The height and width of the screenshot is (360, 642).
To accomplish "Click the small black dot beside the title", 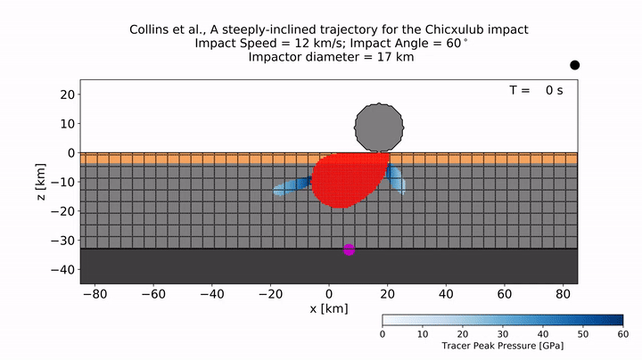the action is click(575, 65).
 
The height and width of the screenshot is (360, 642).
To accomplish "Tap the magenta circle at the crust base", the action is click(349, 250).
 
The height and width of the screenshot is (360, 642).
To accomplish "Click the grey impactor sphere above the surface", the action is click(379, 127).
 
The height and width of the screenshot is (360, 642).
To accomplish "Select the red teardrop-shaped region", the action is click(348, 180).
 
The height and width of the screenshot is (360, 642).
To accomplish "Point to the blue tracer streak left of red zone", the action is click(292, 186).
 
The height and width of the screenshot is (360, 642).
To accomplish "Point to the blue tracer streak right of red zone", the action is click(396, 178).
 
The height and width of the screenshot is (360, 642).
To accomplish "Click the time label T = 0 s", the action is click(536, 90).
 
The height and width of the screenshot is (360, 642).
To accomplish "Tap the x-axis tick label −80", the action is click(95, 294).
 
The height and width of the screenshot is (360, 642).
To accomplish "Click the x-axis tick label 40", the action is click(446, 294).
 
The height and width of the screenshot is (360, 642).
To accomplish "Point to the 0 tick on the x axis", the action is click(329, 294).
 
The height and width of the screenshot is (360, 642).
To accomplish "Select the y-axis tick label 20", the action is click(68, 94).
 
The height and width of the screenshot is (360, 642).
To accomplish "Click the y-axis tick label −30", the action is click(62, 241).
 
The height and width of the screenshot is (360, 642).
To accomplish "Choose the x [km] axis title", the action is click(329, 308).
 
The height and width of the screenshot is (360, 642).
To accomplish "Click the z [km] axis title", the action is click(41, 182).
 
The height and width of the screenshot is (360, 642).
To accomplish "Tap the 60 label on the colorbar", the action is click(623, 334).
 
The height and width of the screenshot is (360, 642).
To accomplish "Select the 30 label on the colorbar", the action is click(503, 334).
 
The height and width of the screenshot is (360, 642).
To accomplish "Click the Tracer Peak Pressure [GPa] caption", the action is click(503, 346).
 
